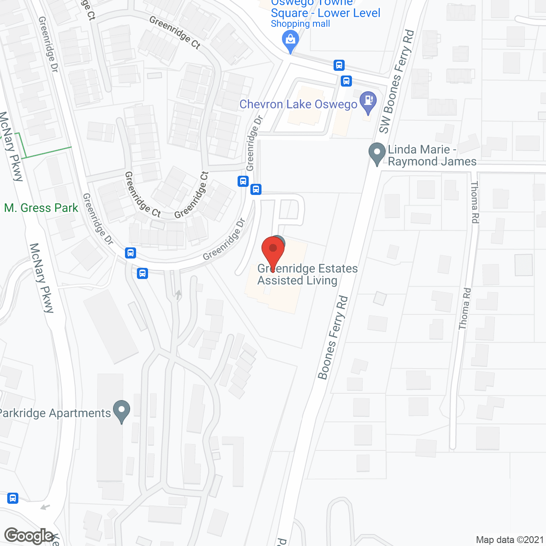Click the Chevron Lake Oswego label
coord(298,105)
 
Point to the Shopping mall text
coord(300,24)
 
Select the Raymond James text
coord(432,162)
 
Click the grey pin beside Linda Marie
coord(377,154)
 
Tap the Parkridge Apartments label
coord(55,413)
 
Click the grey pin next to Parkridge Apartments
coord(122,411)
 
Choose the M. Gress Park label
coord(41,208)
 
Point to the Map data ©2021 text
coord(510,540)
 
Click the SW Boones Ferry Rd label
coord(396,81)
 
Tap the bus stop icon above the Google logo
coord(13,498)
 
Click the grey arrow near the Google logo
coord(45,507)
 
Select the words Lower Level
coord(349,13)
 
